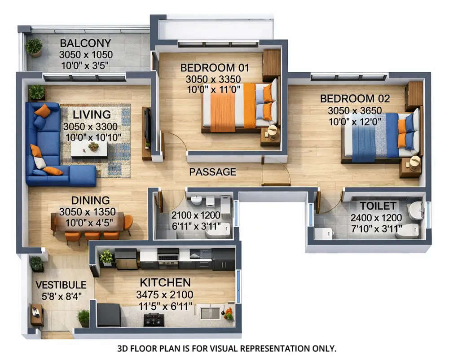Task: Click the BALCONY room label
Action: [85, 44]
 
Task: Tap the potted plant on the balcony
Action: [34, 47]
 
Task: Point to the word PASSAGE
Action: [212, 172]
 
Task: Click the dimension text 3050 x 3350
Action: [213, 79]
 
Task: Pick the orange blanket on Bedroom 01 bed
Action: [223, 110]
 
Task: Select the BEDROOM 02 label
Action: [355, 99]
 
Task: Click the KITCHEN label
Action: [165, 283]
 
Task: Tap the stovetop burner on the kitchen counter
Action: [154, 320]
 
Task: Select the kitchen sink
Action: [210, 313]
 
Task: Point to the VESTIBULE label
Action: [61, 285]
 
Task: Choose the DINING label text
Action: [90, 200]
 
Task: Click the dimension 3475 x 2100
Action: [164, 295]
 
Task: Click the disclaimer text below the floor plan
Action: [226, 348]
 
